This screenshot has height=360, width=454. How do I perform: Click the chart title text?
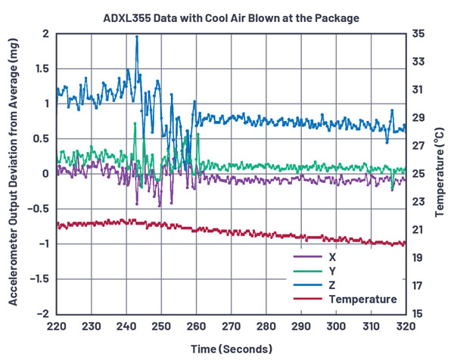(x=230, y=17)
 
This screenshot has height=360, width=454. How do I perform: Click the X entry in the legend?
(x=334, y=256)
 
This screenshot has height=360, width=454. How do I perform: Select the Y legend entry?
(x=334, y=271)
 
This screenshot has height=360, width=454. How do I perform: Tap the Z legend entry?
(x=334, y=285)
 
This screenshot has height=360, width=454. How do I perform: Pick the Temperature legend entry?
(x=362, y=299)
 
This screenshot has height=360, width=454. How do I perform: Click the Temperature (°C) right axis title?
(x=441, y=174)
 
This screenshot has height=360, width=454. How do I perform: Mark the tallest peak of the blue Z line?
(x=137, y=36)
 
